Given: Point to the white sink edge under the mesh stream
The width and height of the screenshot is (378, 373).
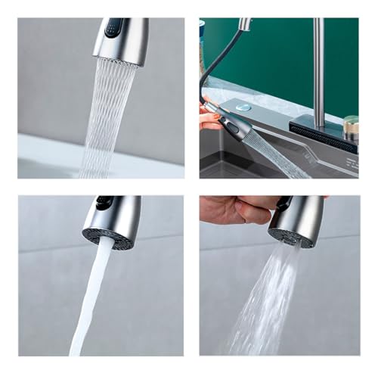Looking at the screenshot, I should pos(53,155).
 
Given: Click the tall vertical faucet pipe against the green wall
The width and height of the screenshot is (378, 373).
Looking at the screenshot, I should pos(319,68).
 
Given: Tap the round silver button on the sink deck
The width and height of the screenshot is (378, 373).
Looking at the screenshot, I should pos(243,108).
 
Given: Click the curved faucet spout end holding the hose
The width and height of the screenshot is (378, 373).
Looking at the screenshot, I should pos(244,25).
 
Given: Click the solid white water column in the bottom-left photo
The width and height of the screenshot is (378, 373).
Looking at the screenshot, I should pos(88,303).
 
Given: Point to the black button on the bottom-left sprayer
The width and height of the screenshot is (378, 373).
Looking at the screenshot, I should pos(103,203).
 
